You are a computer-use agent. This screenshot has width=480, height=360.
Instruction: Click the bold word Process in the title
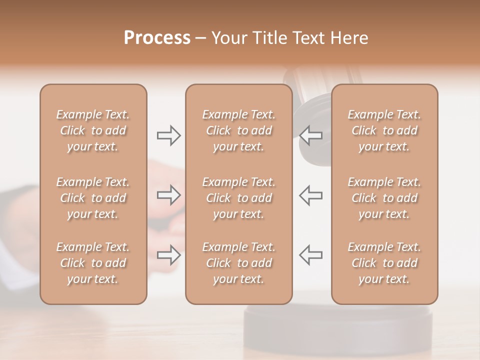point(157,38)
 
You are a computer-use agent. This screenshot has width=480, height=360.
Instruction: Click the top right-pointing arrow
point(168,135)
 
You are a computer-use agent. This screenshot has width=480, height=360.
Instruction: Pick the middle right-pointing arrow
point(168,195)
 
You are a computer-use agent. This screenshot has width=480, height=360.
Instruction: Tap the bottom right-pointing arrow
point(168,255)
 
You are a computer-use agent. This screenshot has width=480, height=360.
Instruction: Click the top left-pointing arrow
point(311,135)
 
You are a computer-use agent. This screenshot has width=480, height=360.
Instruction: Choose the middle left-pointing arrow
point(311,195)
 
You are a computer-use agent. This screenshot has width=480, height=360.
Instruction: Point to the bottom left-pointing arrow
point(311,255)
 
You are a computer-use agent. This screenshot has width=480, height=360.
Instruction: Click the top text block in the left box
point(93,130)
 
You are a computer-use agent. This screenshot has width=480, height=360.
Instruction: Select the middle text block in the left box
point(93,198)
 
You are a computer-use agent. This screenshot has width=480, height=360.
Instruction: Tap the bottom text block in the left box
point(93,263)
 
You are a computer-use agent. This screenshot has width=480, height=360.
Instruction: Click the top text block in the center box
point(239,130)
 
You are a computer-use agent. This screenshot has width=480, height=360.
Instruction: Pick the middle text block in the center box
point(239,198)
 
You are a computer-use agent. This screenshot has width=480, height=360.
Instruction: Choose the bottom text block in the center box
point(239,263)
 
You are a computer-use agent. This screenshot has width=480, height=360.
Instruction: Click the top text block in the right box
point(384,130)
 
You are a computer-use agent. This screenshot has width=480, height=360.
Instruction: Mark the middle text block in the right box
point(384,198)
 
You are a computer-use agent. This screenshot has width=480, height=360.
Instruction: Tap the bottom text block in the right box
point(384,263)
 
